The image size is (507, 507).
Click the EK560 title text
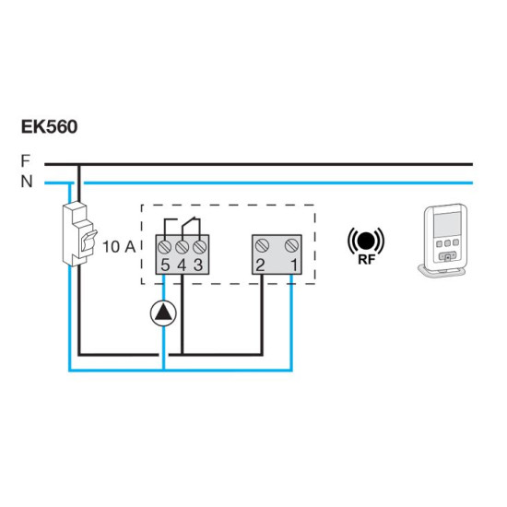49,126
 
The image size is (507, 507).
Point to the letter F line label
25,160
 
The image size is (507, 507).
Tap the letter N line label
27,182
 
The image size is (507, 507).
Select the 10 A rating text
119,247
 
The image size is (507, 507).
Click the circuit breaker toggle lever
88,240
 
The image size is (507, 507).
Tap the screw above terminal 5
165,247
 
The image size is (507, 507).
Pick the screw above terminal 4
182,247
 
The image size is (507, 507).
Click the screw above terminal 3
199,247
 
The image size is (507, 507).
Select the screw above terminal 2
262,246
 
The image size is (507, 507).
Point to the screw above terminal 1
291,246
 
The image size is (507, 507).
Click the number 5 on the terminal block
165,265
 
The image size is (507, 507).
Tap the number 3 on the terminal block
198,265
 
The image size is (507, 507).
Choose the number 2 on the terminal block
260,265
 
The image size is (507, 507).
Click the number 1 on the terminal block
294,265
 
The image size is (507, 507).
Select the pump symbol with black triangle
163,313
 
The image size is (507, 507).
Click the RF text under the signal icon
366,259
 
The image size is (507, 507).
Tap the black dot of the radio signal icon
366,241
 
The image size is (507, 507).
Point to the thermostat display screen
447,224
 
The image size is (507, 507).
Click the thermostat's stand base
442,272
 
